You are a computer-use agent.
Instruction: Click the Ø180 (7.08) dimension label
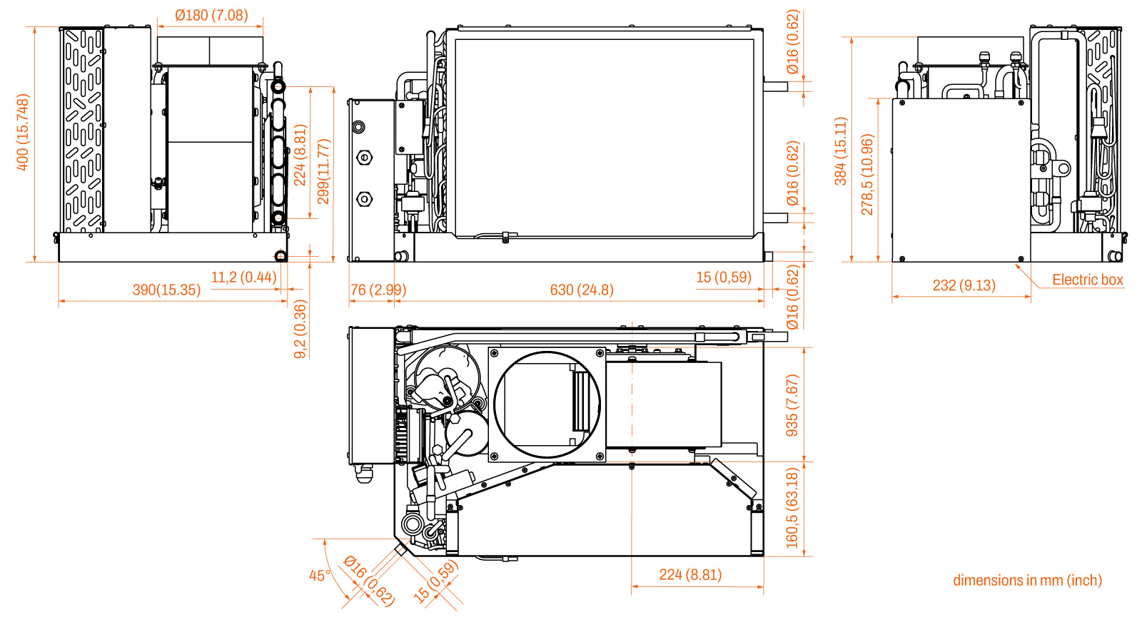(x=211, y=15)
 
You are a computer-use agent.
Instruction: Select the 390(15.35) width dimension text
(x=167, y=290)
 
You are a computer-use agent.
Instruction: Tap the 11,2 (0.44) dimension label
(x=243, y=277)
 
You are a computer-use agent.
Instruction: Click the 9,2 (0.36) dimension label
(x=300, y=329)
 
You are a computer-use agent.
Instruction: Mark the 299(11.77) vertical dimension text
(x=324, y=171)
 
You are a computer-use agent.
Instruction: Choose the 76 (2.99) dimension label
(x=378, y=290)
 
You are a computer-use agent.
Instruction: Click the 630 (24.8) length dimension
(x=582, y=290)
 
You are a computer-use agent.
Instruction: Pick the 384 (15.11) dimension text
(x=841, y=151)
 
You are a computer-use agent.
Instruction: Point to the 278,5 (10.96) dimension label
(x=867, y=175)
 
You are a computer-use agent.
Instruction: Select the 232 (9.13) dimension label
(x=964, y=285)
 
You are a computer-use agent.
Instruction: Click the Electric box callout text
(x=1088, y=280)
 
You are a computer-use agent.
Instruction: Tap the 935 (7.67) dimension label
(x=792, y=405)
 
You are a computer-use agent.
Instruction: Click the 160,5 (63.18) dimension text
(x=792, y=508)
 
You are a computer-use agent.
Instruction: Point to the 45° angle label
(x=320, y=576)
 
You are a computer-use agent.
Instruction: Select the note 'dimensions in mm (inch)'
(x=1027, y=580)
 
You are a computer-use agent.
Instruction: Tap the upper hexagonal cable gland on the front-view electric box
(x=364, y=158)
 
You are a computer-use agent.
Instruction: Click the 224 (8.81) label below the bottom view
(x=690, y=575)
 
